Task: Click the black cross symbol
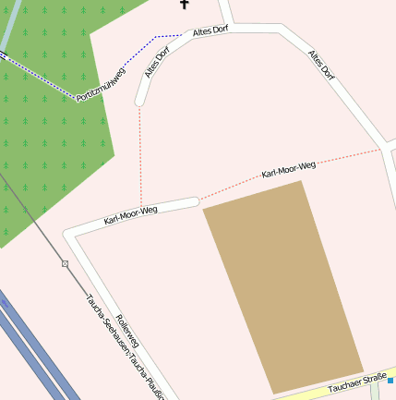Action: [184, 6]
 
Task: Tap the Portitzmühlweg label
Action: [101, 84]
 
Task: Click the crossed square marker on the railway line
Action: [66, 264]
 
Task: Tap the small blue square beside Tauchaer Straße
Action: [390, 380]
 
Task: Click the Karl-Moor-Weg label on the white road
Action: [131, 215]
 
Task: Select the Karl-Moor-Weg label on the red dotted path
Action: [289, 169]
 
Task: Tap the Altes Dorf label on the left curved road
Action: [158, 61]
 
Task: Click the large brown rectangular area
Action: [282, 286]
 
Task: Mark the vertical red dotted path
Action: [140, 157]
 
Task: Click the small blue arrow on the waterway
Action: [3, 54]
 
